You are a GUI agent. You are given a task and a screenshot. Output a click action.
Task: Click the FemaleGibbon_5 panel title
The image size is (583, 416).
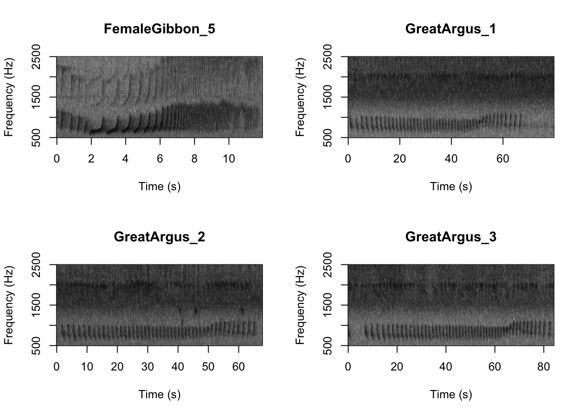pos(159,29)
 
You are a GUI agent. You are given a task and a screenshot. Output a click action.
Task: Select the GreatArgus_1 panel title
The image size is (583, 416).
pos(451,29)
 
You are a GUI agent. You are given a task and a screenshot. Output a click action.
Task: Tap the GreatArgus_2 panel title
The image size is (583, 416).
pos(159,237)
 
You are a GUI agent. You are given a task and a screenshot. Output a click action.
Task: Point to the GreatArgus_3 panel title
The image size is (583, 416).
pos(451,237)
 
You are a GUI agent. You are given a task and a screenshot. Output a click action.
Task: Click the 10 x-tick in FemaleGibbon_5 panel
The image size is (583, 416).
pos(229,159)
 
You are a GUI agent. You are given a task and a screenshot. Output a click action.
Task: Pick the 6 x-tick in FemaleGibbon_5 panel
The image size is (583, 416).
pos(160,159)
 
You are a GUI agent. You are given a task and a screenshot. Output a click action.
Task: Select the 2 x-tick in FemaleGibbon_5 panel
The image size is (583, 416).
pos(91,159)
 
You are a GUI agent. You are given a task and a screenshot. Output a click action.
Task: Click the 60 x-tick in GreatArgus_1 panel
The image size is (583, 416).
pos(503,159)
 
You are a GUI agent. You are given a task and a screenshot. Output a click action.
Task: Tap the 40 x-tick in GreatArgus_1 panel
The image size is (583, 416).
pos(451,159)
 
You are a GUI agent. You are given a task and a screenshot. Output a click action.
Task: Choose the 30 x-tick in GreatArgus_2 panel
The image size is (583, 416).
pos(147,367)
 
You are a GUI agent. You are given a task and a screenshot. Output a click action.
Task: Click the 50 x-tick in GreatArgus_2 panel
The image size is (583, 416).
pos(208,367)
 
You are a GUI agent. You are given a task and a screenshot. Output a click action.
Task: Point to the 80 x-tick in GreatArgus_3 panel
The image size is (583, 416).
pos(544,367)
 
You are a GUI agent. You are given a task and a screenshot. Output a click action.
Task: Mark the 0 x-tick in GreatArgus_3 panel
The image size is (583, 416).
pos(348,367)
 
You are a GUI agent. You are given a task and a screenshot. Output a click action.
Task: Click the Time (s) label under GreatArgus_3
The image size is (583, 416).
pos(451,394)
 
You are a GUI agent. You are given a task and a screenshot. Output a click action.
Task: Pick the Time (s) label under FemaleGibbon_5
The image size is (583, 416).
pos(159,186)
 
